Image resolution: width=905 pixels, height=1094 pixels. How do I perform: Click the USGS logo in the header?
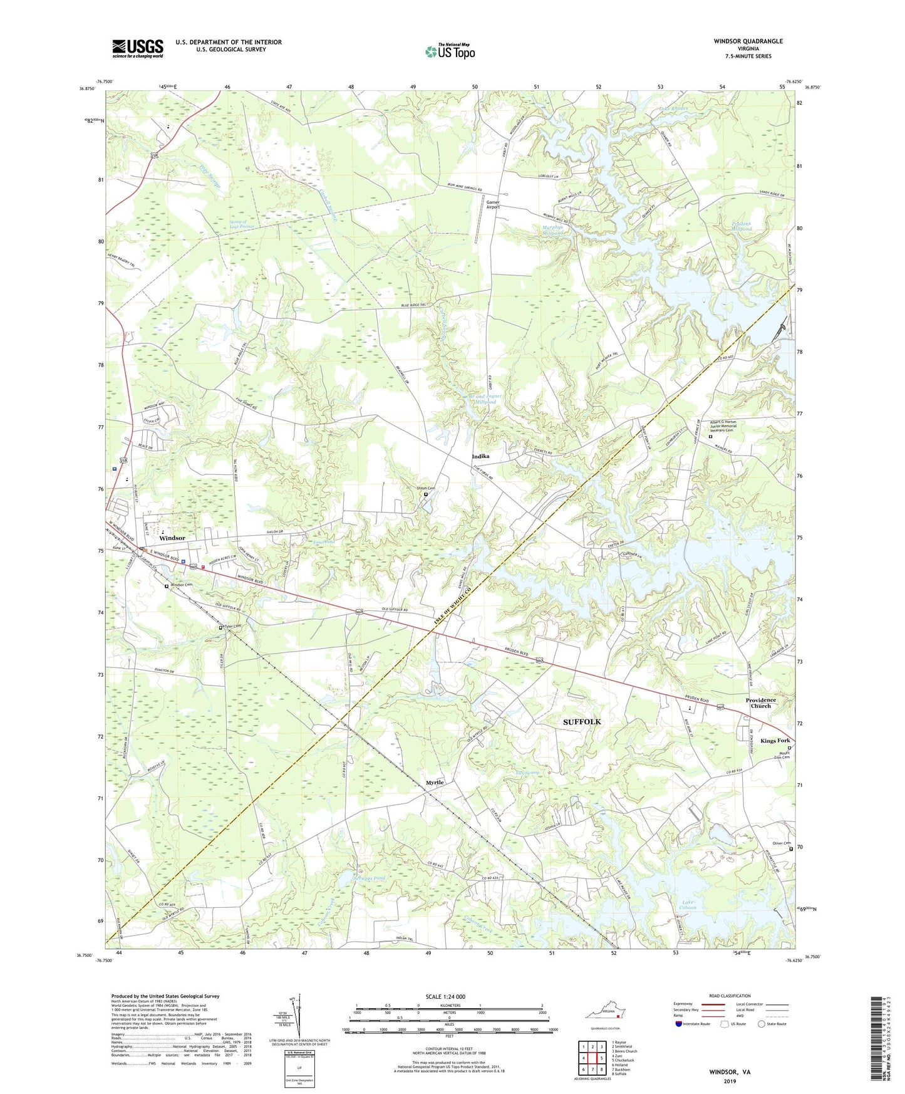[138, 48]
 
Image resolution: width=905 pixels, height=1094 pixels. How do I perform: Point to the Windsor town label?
[172, 538]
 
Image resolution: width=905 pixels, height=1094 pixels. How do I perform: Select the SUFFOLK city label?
[582, 722]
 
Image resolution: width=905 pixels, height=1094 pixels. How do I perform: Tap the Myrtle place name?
[435, 783]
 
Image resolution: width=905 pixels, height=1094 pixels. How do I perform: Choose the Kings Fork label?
[775, 741]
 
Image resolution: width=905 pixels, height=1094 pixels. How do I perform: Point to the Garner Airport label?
[492, 204]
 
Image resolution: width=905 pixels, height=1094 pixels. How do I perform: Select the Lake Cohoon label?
[688, 905]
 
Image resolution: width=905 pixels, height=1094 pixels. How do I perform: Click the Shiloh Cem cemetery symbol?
[426, 494]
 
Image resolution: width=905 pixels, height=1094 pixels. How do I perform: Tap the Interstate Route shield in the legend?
[680, 1024]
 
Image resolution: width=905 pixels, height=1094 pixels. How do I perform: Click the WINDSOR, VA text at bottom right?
[730, 1072]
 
